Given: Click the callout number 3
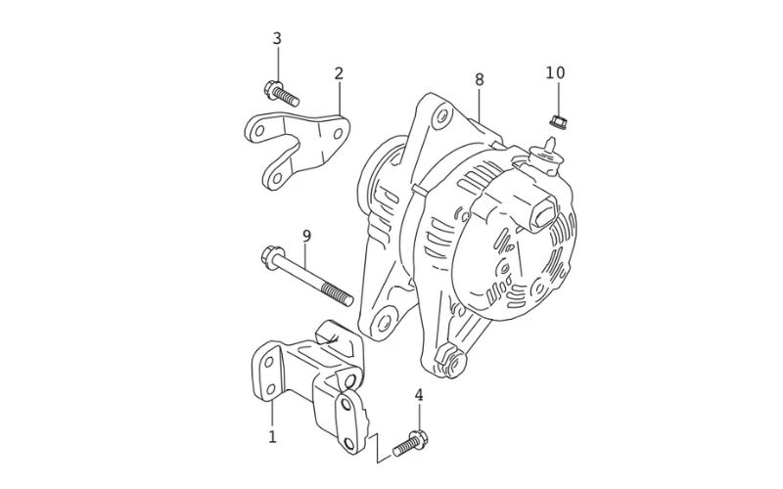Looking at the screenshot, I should (277, 38).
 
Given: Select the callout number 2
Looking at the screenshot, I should (339, 73).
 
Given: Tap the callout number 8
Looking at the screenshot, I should (479, 78).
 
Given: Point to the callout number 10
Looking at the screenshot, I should (555, 72).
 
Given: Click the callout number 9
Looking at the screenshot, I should (306, 236).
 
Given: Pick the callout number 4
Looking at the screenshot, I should (419, 395).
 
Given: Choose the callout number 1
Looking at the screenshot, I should (272, 436).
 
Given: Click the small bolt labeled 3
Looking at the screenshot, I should (281, 94).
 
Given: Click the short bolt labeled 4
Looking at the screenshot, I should (410, 444).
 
